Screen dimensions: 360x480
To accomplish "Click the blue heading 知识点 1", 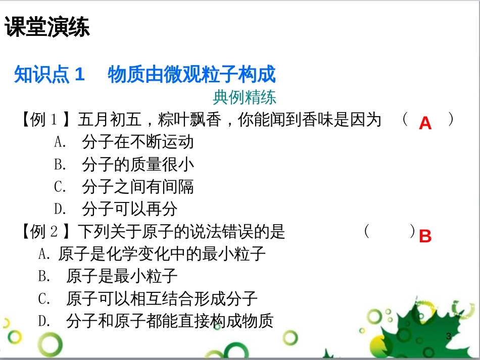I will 49,75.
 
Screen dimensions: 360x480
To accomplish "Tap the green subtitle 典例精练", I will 245,96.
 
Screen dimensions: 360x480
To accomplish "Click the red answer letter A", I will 425,123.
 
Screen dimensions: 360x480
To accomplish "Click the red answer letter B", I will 425,236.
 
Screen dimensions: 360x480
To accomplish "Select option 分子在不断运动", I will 137,142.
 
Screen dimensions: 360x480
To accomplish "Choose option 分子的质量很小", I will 137,164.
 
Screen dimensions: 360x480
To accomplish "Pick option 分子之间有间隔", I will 137,187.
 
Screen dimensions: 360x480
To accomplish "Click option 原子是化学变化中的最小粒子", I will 162,253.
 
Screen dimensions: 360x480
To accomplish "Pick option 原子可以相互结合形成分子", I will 162,298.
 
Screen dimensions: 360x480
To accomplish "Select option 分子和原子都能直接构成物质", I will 169,321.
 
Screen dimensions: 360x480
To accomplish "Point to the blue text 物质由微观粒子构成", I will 191,75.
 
